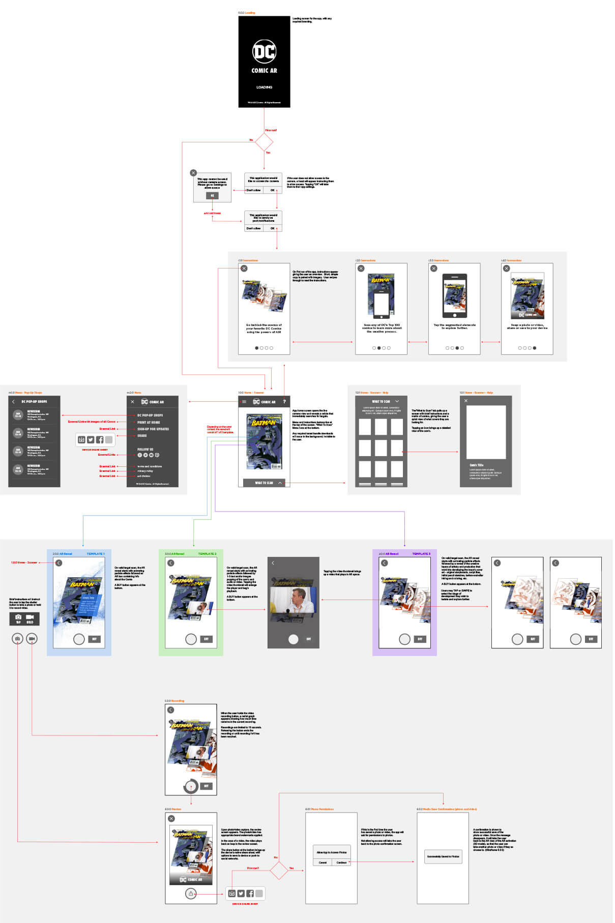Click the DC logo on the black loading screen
[264, 51]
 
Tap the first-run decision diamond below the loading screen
[264, 142]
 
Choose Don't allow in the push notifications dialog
[253, 228]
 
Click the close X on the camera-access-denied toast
[193, 173]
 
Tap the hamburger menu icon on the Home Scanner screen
[244, 402]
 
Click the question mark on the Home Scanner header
[284, 402]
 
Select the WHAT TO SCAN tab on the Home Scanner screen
[264, 483]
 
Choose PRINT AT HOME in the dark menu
[149, 422]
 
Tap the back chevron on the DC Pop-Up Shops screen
[13, 402]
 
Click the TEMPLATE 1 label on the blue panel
[95, 554]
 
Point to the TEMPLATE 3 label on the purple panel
[421, 554]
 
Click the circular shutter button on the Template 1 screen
[79, 639]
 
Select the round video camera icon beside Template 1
[32, 638]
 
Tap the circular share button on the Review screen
[191, 894]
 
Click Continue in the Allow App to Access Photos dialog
[341, 862]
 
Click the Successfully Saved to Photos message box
[443, 856]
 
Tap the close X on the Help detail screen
[466, 401]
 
